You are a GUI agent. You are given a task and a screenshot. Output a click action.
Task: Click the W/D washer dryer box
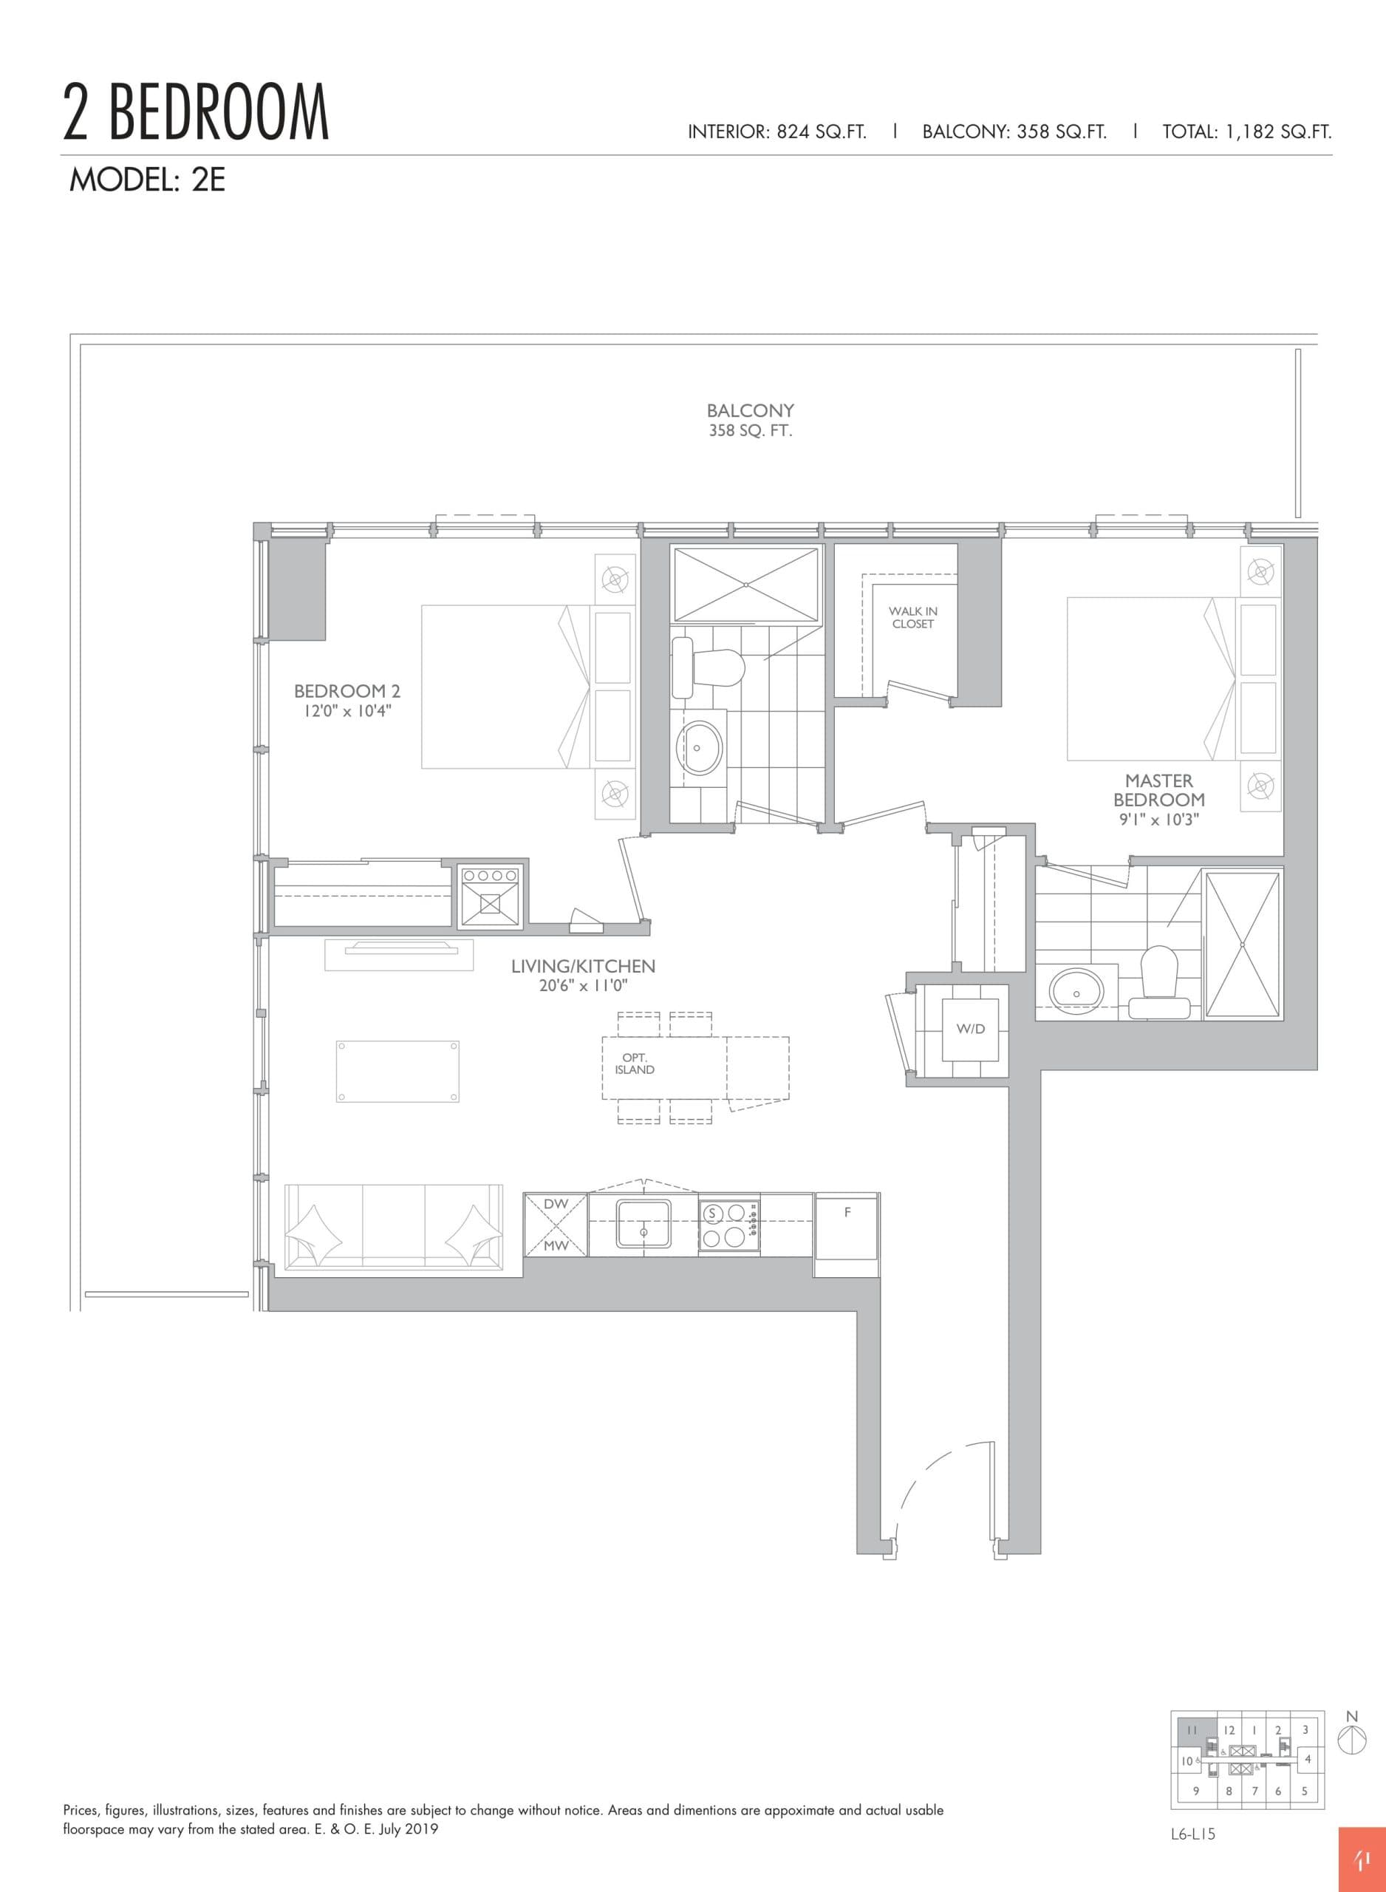(x=970, y=1030)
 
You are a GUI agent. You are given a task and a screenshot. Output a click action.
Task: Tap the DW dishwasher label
(x=556, y=1204)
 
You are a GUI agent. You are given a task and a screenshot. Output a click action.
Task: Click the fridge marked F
(x=847, y=1233)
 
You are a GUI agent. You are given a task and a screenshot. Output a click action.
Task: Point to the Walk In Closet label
(x=913, y=618)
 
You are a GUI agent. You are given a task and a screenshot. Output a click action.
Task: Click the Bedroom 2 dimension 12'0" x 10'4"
(x=347, y=712)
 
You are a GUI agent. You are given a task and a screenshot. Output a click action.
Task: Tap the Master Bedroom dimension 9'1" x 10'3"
(x=1158, y=820)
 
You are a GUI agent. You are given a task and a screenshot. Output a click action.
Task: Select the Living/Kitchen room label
(x=583, y=966)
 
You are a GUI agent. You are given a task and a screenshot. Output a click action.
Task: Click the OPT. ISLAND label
(x=635, y=1064)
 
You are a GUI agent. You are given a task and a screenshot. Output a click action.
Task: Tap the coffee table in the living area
(x=397, y=1072)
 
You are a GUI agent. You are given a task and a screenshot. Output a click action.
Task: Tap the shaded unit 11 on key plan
(x=1192, y=1730)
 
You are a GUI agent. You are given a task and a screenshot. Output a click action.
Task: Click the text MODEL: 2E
(x=147, y=180)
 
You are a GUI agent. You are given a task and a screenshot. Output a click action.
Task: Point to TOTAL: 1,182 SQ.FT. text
(x=1246, y=132)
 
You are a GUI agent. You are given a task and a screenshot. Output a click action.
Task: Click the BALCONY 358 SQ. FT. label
(x=750, y=421)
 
